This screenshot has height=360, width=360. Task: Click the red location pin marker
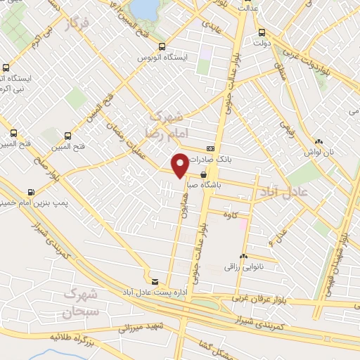[x=181, y=165]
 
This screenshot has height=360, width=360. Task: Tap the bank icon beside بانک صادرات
[x=210, y=149]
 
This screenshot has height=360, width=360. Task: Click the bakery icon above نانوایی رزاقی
[x=243, y=257]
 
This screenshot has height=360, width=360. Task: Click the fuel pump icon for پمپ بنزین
[x=31, y=191]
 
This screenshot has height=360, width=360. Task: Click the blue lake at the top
[x=146, y=8]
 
